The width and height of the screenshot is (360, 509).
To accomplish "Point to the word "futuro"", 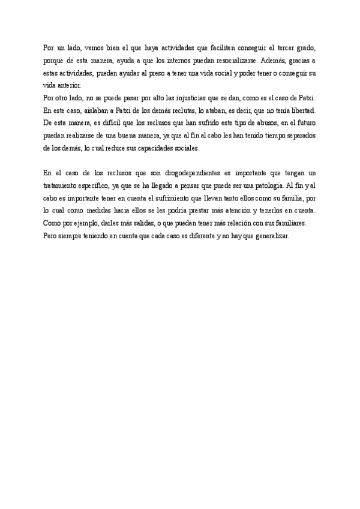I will [x=304, y=123].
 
